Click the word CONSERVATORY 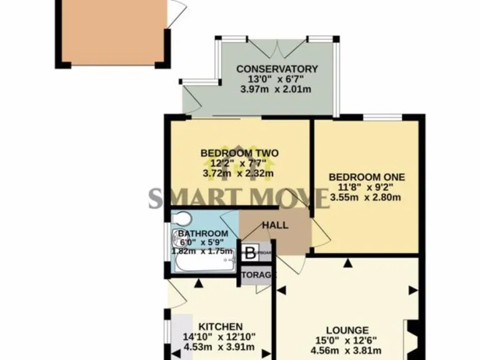(x=277, y=69)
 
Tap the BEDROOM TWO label (x=239, y=153)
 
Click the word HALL (x=275, y=225)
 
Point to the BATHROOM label (x=203, y=234)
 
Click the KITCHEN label (x=220, y=327)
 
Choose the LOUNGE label (x=347, y=330)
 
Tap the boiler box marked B (x=249, y=254)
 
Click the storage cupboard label (x=256, y=275)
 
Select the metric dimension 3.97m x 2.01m (x=276, y=89)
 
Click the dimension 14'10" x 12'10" (x=219, y=337)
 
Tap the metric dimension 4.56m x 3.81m (x=347, y=350)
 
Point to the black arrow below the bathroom (x=198, y=283)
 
